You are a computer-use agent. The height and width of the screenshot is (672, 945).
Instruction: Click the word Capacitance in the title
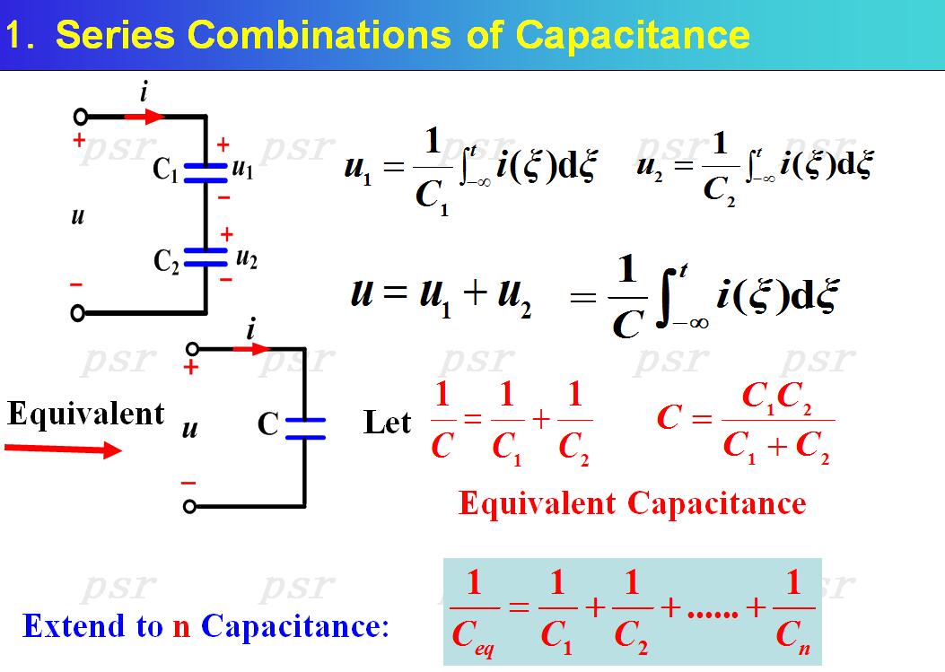(x=634, y=35)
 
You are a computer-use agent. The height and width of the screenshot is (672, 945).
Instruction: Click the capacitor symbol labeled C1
(x=206, y=172)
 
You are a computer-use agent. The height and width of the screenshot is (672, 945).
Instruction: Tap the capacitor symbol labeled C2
(x=206, y=257)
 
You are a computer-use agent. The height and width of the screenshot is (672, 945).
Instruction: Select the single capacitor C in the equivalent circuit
(x=305, y=428)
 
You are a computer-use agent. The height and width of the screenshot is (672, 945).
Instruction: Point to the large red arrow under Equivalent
(x=63, y=449)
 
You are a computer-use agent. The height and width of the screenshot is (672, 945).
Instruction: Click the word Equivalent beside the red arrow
(x=86, y=414)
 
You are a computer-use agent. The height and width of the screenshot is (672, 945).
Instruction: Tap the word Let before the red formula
(x=388, y=422)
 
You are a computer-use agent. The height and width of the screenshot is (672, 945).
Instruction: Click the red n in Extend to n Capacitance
(x=181, y=625)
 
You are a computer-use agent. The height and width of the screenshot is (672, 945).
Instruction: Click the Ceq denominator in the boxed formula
(x=473, y=638)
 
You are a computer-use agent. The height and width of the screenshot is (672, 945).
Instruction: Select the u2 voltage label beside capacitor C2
(x=247, y=257)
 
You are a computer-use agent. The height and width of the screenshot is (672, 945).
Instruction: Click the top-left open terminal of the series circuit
(x=80, y=117)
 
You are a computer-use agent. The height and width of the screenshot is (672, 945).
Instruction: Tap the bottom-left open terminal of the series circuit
(x=79, y=312)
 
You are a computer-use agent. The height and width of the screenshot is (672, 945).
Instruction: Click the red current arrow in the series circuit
(x=144, y=116)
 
